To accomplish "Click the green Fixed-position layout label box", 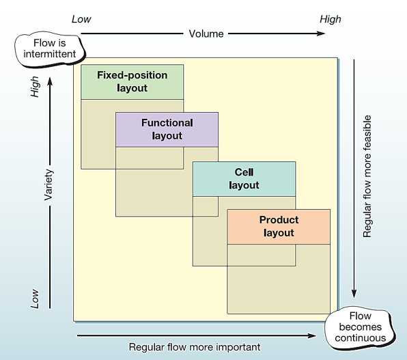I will [x=132, y=81].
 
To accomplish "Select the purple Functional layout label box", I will [x=167, y=129].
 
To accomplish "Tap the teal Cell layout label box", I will [x=244, y=178].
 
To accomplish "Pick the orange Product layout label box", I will [x=279, y=226].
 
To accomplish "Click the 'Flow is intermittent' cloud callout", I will [x=50, y=49].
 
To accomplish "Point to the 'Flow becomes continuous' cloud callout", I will [x=360, y=327].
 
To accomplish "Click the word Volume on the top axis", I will [x=206, y=33].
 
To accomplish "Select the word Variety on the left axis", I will [x=48, y=184].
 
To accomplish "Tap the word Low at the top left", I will [x=81, y=19].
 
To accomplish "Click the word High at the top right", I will [x=331, y=19].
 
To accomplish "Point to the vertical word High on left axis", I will [x=36, y=86].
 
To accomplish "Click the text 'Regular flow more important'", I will [x=195, y=347].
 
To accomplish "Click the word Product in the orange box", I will [x=279, y=220].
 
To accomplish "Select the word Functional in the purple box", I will [x=167, y=123].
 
